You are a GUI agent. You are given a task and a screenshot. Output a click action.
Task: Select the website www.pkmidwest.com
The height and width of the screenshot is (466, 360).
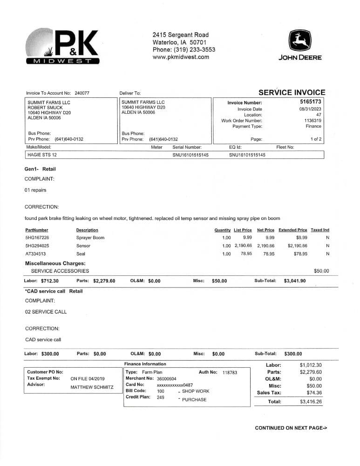181,57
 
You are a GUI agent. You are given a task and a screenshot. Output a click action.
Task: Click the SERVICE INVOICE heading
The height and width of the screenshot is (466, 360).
292,92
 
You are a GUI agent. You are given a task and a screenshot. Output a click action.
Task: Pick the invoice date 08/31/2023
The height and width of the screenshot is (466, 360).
310,109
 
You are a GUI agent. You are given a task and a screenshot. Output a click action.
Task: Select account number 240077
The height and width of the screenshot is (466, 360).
82,93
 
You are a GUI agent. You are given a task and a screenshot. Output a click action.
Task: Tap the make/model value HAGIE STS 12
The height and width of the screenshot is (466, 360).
42,155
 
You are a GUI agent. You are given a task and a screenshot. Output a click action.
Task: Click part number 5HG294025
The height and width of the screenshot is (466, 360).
37,246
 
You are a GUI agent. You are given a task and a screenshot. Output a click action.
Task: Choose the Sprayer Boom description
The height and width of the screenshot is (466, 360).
90,238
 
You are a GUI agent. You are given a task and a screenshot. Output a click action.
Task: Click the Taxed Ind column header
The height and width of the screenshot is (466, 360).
319,230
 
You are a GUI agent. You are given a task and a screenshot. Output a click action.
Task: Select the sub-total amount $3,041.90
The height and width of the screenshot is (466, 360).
295,281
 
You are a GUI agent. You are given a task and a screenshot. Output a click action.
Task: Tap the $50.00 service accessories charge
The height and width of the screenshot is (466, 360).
321,271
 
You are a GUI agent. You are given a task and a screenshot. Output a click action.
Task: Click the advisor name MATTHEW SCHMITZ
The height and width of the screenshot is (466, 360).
92,387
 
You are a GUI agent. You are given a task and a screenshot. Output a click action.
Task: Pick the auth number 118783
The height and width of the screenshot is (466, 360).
230,372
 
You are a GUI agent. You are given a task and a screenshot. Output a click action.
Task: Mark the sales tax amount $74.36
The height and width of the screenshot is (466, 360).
312,393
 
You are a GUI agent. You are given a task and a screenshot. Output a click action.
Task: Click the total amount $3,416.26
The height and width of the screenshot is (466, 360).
311,402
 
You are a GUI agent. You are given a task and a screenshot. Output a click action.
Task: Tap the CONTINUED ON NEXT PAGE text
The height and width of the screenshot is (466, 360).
291,428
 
